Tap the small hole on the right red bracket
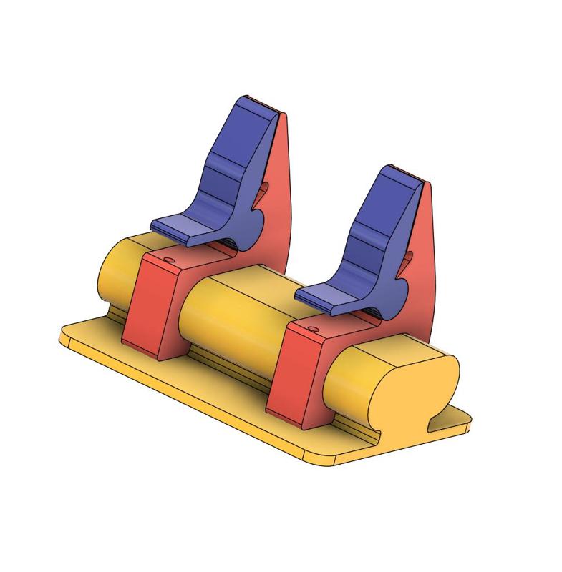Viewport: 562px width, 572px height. tap(313, 329)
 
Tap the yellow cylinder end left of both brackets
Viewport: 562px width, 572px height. tap(115, 272)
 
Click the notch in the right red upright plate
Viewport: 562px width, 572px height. tap(409, 258)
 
